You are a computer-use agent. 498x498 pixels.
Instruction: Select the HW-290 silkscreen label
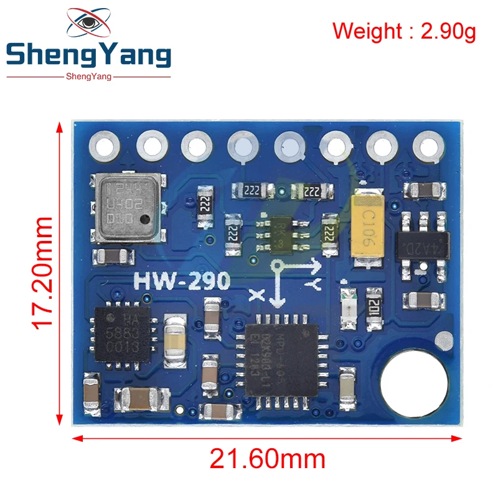pos(182,281)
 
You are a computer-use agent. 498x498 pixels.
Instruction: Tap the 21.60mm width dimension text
pos(267,459)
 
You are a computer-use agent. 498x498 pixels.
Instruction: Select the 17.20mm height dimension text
pos(43,272)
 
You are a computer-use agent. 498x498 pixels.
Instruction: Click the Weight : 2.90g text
pos(404,31)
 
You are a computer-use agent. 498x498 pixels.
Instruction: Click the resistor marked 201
pos(375,308)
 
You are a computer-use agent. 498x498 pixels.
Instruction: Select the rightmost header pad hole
pos(425,147)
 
